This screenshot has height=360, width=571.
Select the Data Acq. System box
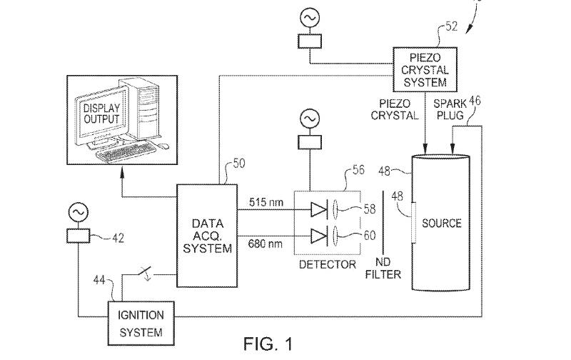click(x=207, y=236)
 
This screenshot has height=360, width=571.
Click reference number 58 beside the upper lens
click(x=368, y=208)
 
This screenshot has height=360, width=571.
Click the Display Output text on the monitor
click(x=103, y=113)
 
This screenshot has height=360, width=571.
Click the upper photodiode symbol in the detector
click(x=319, y=209)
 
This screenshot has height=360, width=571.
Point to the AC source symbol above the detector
click(x=309, y=116)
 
